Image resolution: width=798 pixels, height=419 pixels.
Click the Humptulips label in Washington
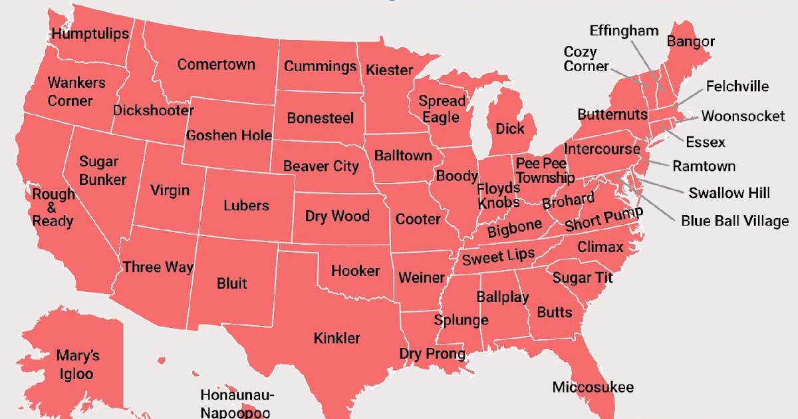pyautogui.click(x=90, y=34)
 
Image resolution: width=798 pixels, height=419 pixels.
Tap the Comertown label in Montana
pyautogui.click(x=216, y=65)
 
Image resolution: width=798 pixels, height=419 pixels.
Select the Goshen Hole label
pyautogui.click(x=229, y=136)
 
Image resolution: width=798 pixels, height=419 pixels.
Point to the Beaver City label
pyautogui.click(x=321, y=166)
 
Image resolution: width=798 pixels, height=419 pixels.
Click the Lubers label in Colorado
pyautogui.click(x=245, y=206)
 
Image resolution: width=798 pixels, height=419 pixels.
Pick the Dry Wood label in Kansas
pyautogui.click(x=337, y=216)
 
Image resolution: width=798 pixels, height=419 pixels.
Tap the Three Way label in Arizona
pyautogui.click(x=158, y=267)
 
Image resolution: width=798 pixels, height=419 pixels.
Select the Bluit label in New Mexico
pyautogui.click(x=232, y=284)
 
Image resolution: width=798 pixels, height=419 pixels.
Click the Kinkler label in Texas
pyautogui.click(x=336, y=338)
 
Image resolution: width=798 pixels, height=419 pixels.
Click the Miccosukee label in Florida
pyautogui.click(x=593, y=387)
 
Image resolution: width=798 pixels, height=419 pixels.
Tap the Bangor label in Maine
pyautogui.click(x=690, y=42)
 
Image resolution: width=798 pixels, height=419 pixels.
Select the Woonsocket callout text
pyautogui.click(x=743, y=116)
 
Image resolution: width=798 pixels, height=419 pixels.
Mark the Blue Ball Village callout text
pyautogui.click(x=735, y=221)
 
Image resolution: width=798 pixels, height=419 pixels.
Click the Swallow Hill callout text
pyautogui.click(x=729, y=193)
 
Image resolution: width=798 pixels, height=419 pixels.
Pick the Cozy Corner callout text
pyautogui.click(x=585, y=59)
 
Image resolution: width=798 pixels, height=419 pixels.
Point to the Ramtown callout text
pyautogui.click(x=704, y=166)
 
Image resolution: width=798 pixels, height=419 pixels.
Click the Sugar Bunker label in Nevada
pyautogui.click(x=102, y=171)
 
